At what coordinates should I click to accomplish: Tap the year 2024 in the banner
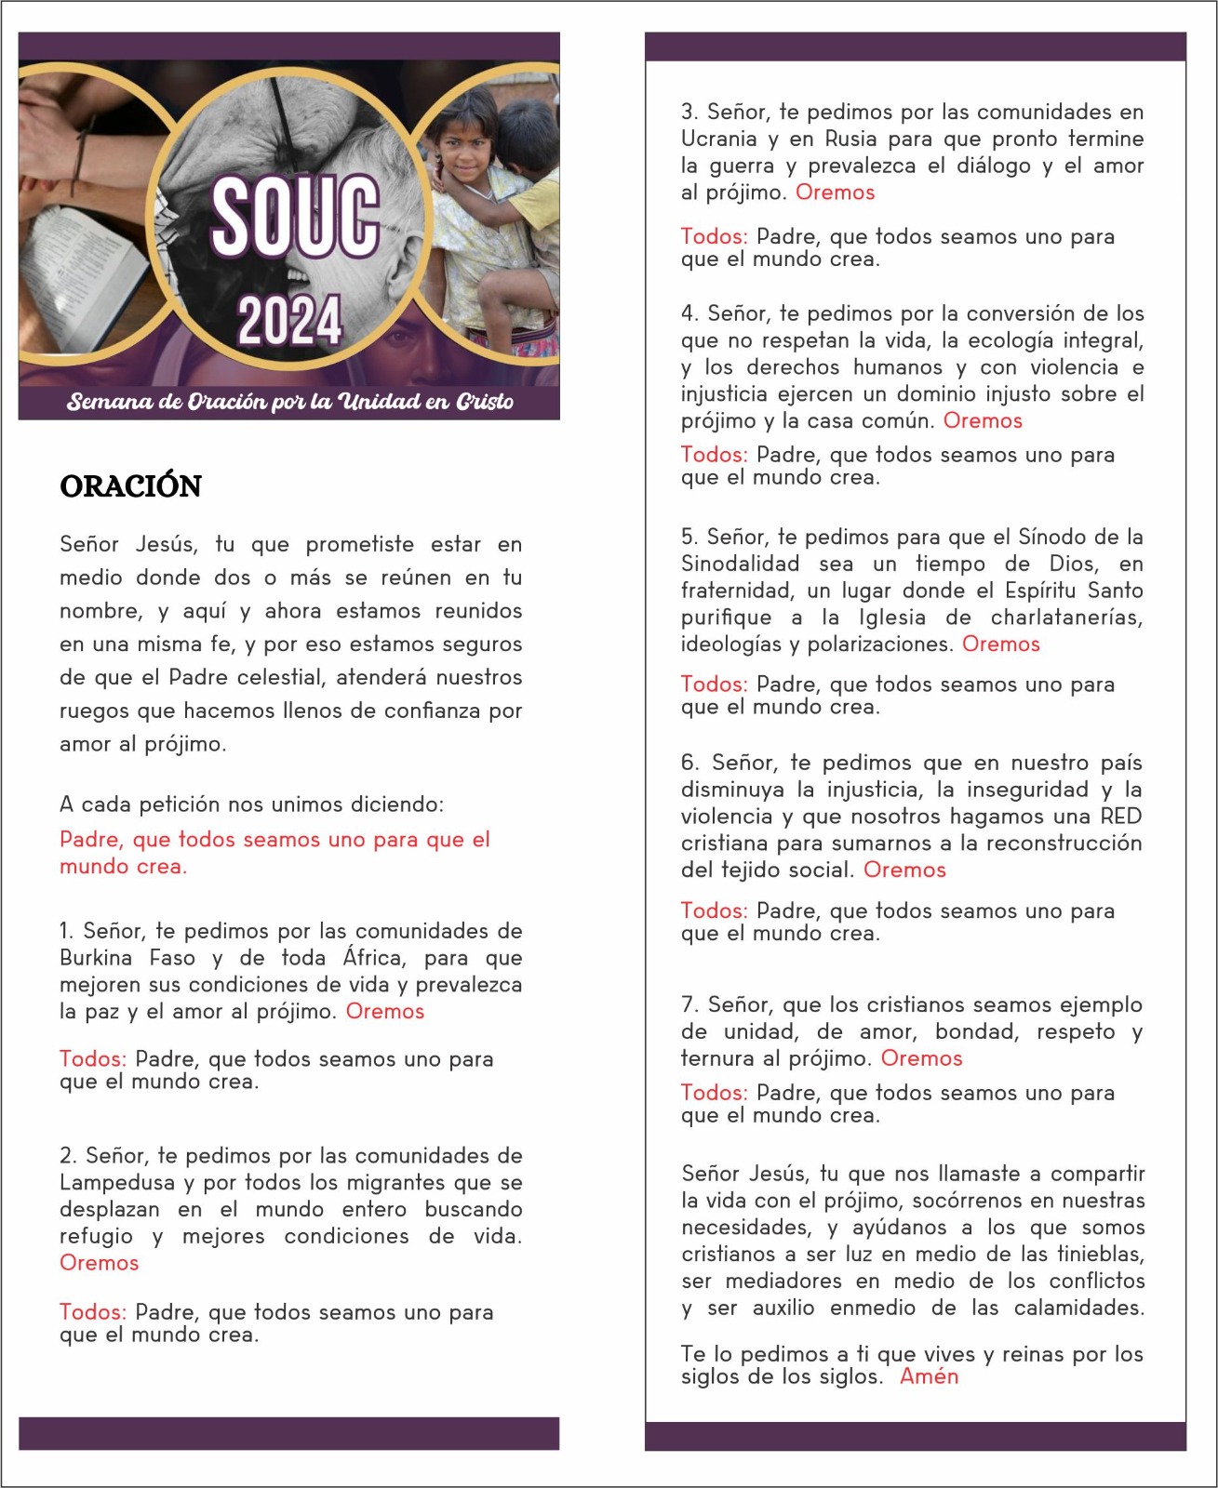tap(289, 320)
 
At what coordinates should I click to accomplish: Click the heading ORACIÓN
tap(130, 486)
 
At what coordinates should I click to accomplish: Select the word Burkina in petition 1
tap(98, 958)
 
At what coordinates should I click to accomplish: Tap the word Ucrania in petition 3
tap(718, 139)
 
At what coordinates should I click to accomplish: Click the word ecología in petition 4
tap(1011, 340)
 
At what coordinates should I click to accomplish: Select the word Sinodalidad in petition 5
tap(740, 565)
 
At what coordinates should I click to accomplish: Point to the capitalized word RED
tap(1120, 817)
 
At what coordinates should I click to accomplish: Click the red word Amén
tap(929, 1377)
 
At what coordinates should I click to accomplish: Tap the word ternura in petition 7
tap(718, 1058)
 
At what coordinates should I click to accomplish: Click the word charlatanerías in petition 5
tap(1065, 618)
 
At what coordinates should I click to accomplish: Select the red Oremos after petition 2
tap(100, 1263)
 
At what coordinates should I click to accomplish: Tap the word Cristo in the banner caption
tap(484, 402)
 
